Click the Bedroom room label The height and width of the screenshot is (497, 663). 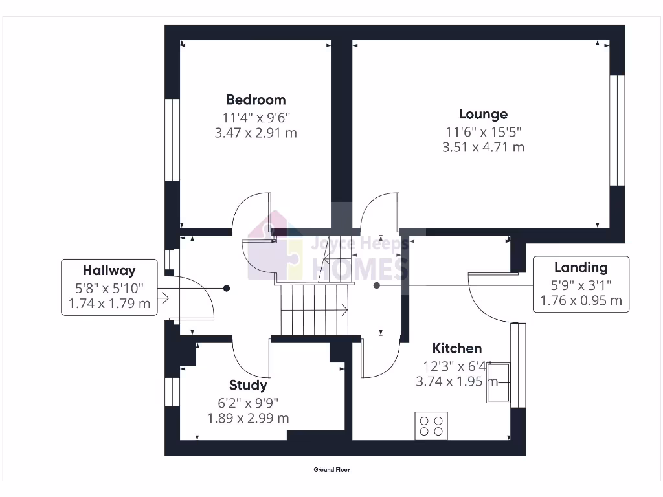click(x=256, y=100)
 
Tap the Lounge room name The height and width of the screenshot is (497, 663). click(x=483, y=115)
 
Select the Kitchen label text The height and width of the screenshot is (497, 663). click(x=457, y=348)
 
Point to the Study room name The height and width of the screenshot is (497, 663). click(x=248, y=386)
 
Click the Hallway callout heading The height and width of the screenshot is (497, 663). click(x=109, y=270)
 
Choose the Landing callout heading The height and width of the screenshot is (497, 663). click(x=581, y=267)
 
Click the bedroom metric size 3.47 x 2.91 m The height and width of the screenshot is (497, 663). click(x=256, y=133)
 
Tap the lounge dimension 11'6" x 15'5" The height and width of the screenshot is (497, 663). click(x=483, y=131)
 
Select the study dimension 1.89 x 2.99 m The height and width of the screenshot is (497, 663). click(x=248, y=418)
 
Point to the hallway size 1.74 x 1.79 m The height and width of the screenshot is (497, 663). click(x=109, y=303)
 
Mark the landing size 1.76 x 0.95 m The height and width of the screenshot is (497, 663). click(x=581, y=300)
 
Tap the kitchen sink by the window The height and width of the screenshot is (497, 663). click(x=498, y=383)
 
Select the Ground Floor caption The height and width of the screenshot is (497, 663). click(x=331, y=470)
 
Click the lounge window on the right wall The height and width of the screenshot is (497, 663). click(x=617, y=129)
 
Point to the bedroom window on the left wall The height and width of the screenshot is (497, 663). click(x=172, y=139)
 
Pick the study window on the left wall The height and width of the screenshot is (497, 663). click(x=172, y=392)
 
